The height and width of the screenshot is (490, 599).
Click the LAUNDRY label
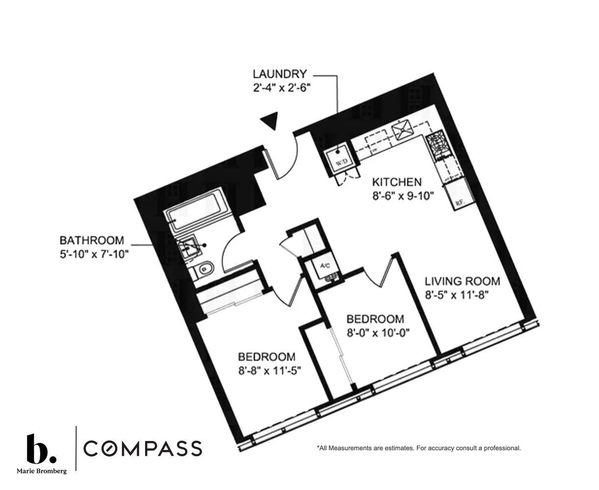pos(279,74)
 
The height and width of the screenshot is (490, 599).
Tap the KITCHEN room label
pos(396,182)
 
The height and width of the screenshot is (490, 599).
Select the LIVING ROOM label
pos(462,281)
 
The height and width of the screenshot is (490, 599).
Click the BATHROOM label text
pos(92,241)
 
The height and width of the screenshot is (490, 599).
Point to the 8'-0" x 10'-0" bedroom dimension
pos(377,332)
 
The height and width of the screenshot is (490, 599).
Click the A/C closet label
pos(325,266)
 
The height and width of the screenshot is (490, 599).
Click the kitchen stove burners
pos(435,146)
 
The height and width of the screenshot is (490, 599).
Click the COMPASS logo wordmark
pos(143,448)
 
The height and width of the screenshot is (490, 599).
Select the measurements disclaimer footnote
pos(419,448)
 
